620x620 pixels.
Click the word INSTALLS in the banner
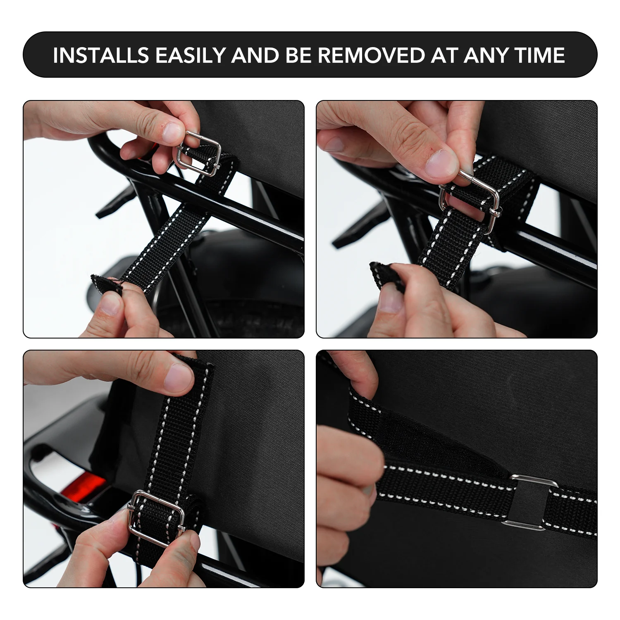tap(100, 55)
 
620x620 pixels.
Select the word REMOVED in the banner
tap(371, 55)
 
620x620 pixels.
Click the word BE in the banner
tap(298, 55)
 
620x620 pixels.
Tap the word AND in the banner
tap(255, 55)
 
